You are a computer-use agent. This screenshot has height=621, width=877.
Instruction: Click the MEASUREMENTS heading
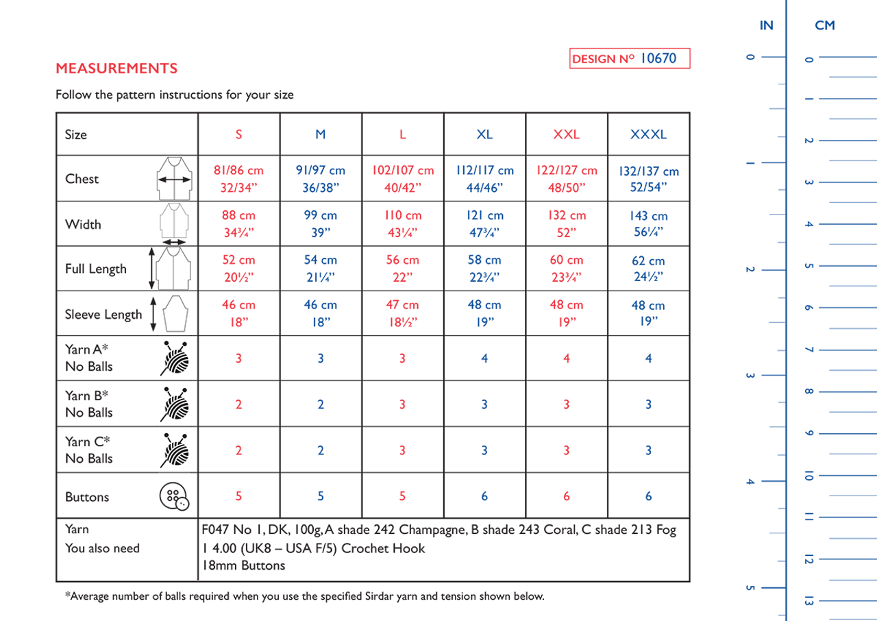pos(116,69)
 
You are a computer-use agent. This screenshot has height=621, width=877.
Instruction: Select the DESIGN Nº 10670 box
pos(630,59)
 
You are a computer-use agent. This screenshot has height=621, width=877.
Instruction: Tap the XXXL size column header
pos(648,134)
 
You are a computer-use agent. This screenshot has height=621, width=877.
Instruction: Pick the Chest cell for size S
pos(238,179)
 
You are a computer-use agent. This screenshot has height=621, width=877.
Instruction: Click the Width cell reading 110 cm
pos(402,223)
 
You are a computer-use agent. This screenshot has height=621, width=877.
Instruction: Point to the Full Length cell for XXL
pos(566,269)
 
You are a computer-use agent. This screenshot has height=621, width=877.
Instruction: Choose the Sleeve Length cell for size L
pos(402,313)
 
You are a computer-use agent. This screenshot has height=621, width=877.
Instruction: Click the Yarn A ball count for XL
pos(484,358)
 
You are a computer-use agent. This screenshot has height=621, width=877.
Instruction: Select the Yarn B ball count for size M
pos(321,404)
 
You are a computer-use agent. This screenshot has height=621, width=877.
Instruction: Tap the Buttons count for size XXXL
pos(648,496)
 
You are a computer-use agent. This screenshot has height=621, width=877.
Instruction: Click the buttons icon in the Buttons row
pos(174,496)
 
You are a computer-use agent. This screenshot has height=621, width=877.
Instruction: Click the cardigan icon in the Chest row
pos(174,179)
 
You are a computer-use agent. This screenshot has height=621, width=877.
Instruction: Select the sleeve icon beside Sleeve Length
pos(171,314)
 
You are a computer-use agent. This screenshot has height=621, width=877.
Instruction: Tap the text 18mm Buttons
pos(243,565)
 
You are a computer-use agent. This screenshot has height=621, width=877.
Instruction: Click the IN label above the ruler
pos(766,25)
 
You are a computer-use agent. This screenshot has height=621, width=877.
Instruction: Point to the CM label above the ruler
pos(825,25)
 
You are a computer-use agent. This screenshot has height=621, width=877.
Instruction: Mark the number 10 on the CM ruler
pos(808,476)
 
